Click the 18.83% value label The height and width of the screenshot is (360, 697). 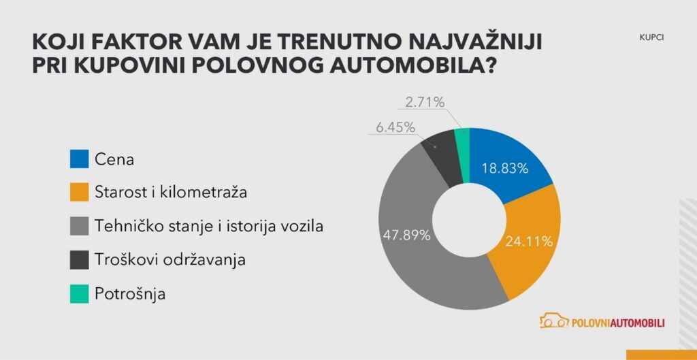[x=505, y=169]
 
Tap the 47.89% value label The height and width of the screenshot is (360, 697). [x=407, y=235]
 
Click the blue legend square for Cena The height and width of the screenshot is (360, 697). [x=79, y=160]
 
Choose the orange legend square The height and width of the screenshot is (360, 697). [x=79, y=193]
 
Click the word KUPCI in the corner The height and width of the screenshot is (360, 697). [x=651, y=38]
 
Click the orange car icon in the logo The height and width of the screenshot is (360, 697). [x=553, y=322]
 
